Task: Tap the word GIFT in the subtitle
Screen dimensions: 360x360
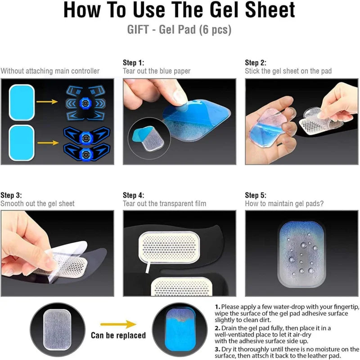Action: pos(138,30)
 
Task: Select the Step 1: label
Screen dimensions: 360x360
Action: pos(133,63)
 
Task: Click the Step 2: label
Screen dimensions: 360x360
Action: pos(256,63)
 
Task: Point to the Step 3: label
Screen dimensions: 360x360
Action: pos(11,195)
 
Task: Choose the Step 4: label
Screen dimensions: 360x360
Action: pos(133,195)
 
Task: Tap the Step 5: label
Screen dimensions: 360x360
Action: pos(256,195)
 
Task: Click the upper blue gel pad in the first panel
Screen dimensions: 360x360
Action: pos(22,103)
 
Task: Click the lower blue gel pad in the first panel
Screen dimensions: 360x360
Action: pos(22,143)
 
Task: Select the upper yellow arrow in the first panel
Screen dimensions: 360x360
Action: pos(47,102)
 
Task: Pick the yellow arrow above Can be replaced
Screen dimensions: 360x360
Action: pos(118,324)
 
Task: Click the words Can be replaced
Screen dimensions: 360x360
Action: pos(118,335)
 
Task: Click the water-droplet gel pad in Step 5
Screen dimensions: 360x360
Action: pos(301,254)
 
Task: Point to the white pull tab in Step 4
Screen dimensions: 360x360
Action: pos(148,267)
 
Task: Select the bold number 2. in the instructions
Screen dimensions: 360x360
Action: pos(218,328)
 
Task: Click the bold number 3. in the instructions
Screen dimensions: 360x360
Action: pos(218,349)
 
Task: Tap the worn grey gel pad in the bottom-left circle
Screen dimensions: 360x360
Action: pos(57,329)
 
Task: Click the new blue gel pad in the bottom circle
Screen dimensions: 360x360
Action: pos(180,329)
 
